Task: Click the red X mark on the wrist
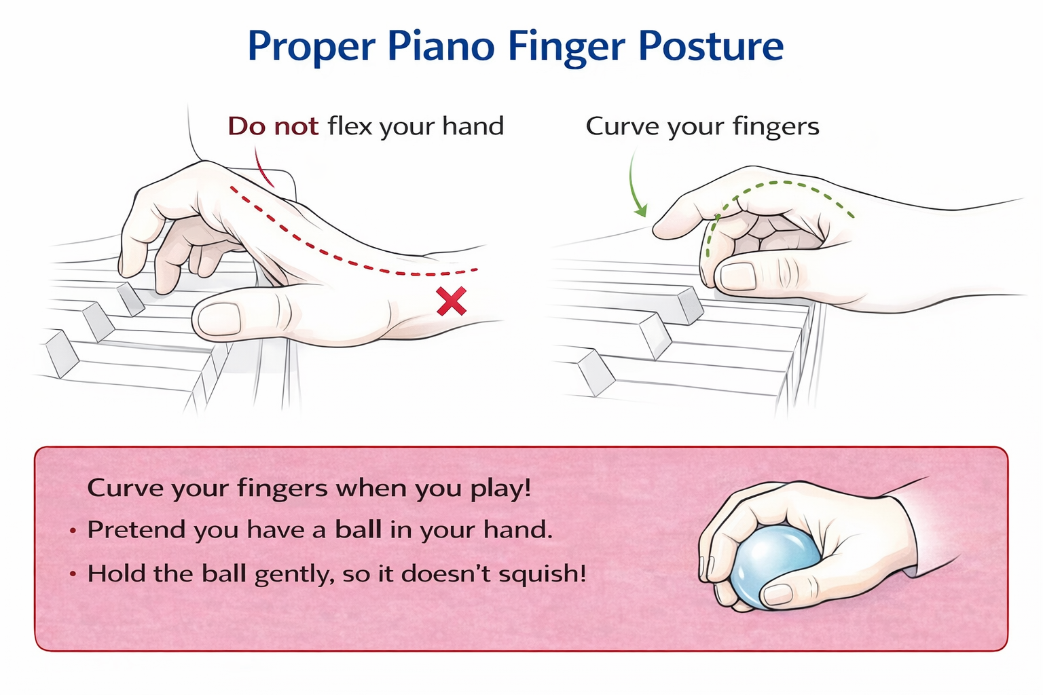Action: click(452, 301)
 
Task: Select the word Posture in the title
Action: click(711, 46)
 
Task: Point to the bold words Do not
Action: click(273, 126)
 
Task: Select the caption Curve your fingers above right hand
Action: click(702, 127)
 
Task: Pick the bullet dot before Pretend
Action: click(73, 530)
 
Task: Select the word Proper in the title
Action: click(311, 46)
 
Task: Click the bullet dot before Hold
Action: click(73, 574)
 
